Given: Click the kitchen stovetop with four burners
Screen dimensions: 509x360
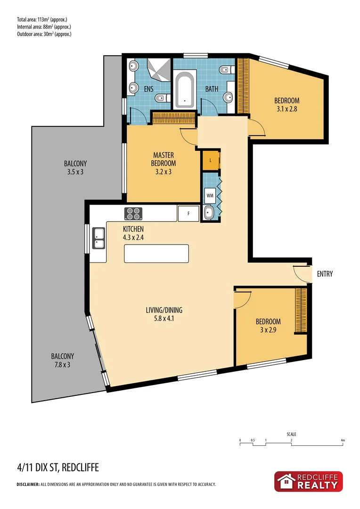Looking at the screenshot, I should pyautogui.click(x=133, y=213).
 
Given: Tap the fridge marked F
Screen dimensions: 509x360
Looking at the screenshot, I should pyautogui.click(x=188, y=213).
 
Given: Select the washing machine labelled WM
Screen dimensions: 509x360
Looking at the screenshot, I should pyautogui.click(x=210, y=194).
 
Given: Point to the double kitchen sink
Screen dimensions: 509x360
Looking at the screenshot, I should pyautogui.click(x=99, y=238).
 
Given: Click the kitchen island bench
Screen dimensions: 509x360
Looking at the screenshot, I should pyautogui.click(x=156, y=254).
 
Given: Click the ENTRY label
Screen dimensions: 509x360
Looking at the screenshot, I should pyautogui.click(x=325, y=274).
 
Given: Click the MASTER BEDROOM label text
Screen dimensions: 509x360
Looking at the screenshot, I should pyautogui.click(x=164, y=159).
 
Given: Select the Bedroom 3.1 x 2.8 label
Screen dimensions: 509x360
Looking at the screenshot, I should pyautogui.click(x=286, y=105).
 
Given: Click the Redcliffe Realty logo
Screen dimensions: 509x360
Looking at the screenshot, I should pyautogui.click(x=309, y=481).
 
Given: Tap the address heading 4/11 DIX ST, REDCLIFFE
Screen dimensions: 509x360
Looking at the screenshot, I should pyautogui.click(x=57, y=468).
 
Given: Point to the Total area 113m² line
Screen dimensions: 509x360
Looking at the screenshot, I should pyautogui.click(x=42, y=19).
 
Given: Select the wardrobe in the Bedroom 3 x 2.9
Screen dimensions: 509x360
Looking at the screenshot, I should pyautogui.click(x=301, y=310).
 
